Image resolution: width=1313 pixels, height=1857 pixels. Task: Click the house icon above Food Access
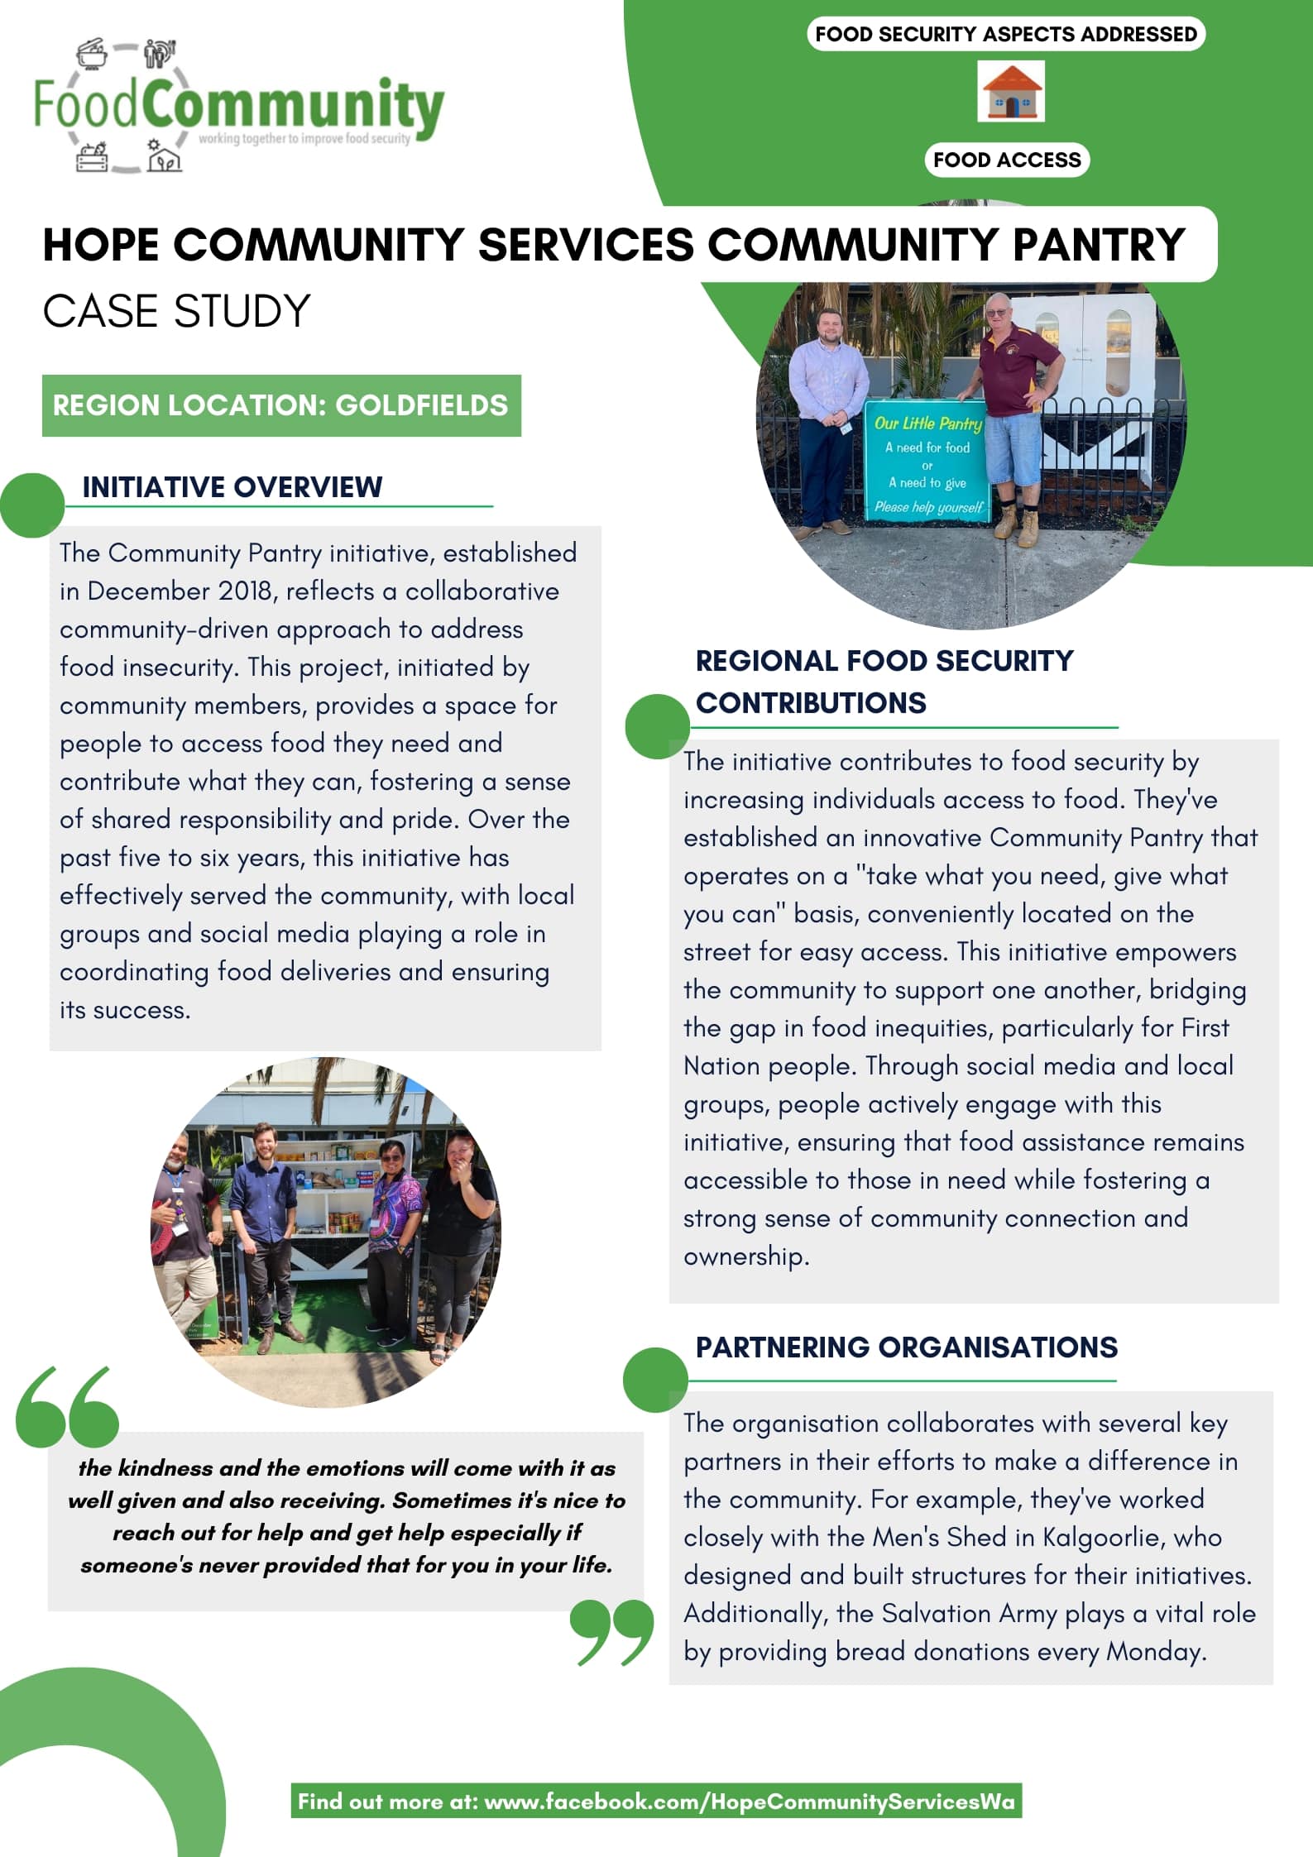point(1010,93)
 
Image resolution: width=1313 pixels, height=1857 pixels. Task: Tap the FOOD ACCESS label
point(1007,160)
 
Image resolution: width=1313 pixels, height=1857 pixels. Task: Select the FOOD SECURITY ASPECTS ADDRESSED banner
point(1006,34)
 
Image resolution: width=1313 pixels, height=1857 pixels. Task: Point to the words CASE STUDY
point(176,311)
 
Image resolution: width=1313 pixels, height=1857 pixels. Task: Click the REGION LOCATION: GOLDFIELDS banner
point(281,405)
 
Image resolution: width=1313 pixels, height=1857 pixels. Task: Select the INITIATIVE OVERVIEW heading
point(232,486)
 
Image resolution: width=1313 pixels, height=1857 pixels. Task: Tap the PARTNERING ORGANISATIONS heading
point(906,1347)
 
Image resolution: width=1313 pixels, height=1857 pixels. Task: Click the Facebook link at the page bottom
point(656,1802)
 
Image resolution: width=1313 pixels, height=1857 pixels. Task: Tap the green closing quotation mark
point(612,1632)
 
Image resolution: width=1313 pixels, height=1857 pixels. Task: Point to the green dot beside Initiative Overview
point(32,505)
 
